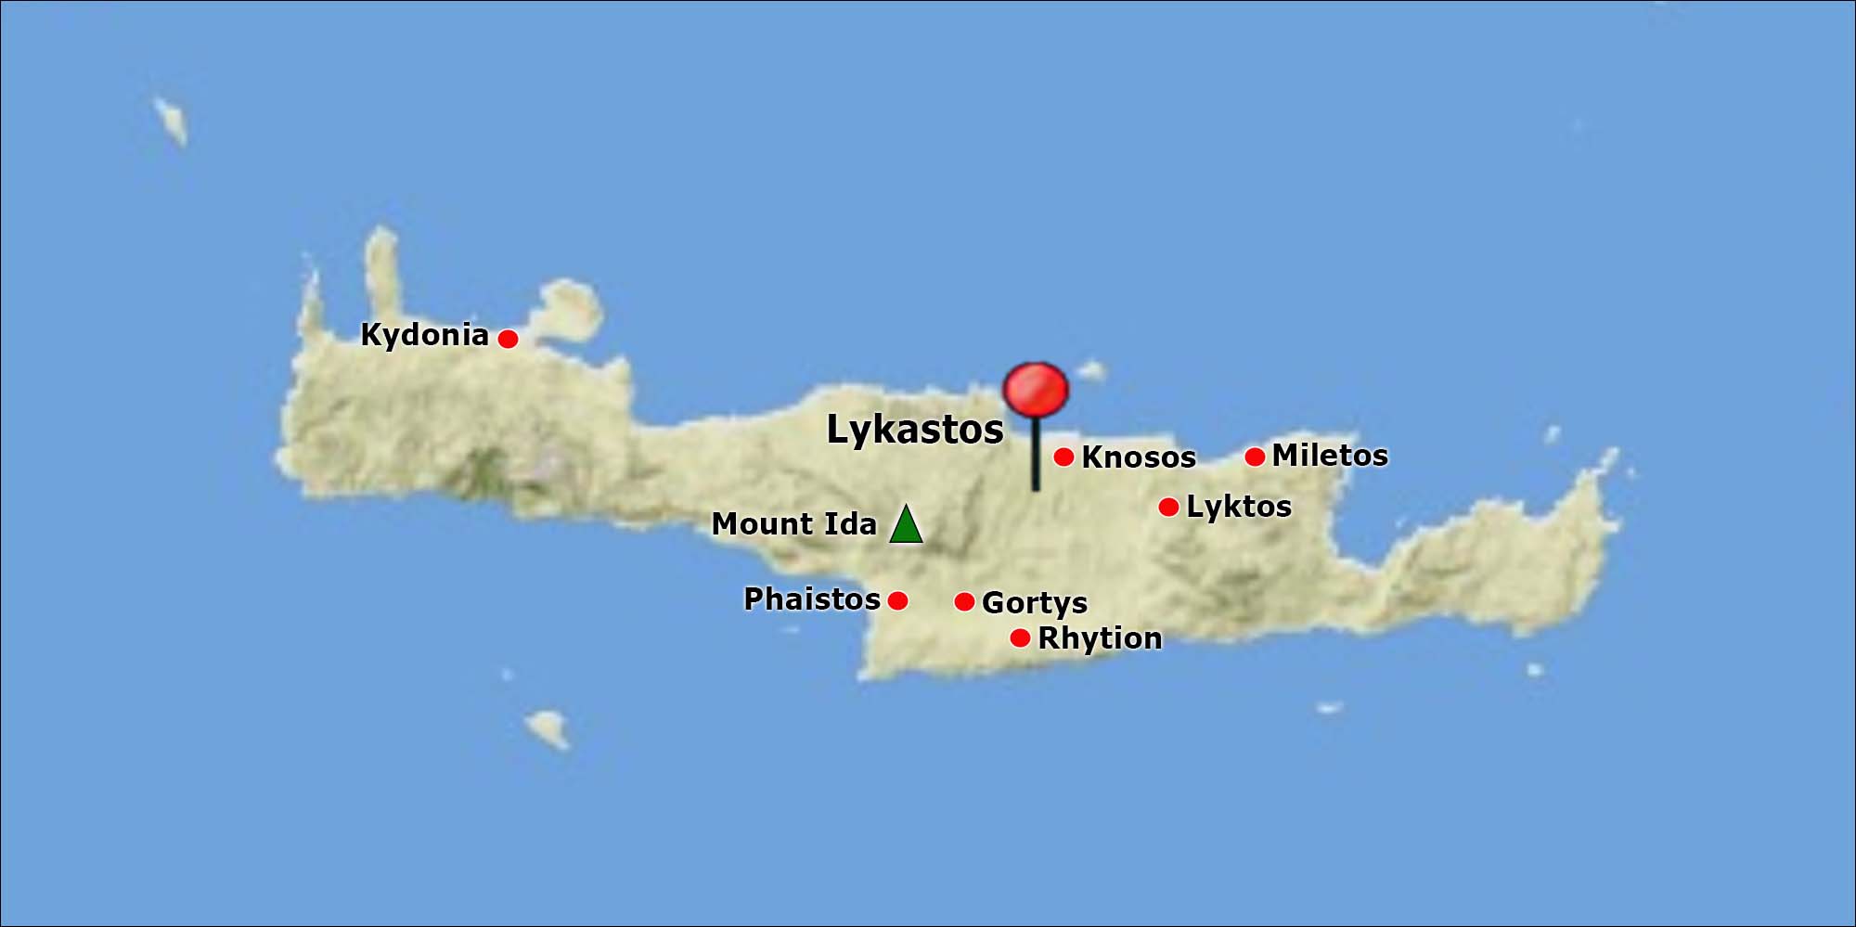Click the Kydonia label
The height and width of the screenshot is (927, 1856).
424,335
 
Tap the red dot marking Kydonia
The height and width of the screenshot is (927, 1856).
508,339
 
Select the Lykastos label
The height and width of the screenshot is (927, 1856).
915,430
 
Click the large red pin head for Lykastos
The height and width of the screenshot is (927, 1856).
1036,389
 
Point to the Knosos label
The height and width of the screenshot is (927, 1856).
1139,457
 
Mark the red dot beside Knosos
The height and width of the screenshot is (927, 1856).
1064,457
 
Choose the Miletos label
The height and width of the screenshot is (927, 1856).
1330,456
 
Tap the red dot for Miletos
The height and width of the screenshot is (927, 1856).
1255,457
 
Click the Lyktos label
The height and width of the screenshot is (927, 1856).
1239,507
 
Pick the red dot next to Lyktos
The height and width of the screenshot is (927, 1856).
1169,507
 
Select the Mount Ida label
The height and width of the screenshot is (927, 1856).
794,524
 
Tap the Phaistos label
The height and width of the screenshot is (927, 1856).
812,599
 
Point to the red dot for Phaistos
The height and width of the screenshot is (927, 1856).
897,600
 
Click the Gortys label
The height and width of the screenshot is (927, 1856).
1035,603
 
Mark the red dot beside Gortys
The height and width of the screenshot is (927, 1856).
964,602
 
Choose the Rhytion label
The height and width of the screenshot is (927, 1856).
1100,638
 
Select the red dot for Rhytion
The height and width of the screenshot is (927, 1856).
1020,638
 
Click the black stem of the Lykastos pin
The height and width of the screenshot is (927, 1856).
1036,455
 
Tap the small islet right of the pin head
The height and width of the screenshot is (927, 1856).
1092,371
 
